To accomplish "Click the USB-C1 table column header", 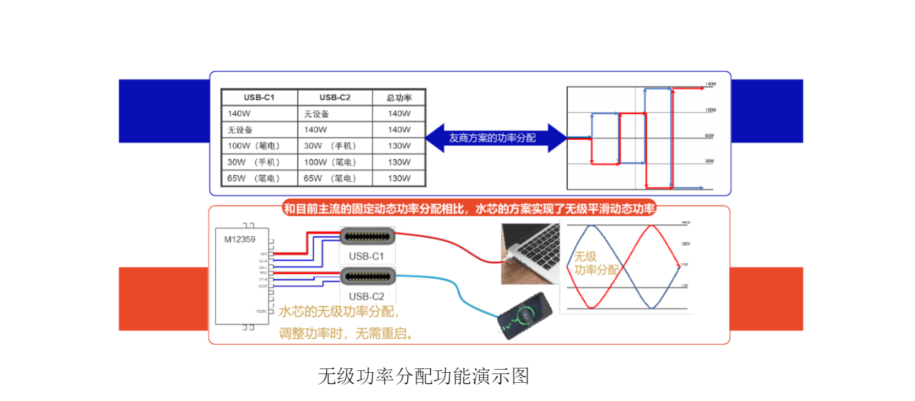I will click(259, 97).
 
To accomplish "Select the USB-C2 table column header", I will click(335, 97).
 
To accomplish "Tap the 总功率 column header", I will click(399, 97).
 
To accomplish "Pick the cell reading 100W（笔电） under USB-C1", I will click(253, 146).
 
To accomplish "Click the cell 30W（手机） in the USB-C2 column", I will click(331, 146).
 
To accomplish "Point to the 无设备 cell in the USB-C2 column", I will click(317, 113).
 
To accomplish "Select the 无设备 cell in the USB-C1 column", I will click(240, 130).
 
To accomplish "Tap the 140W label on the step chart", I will click(710, 84).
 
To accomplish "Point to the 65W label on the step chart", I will click(709, 136).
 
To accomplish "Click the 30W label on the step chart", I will click(709, 162).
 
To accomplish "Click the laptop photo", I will click(531, 253).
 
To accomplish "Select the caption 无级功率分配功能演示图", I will click(424, 376).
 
